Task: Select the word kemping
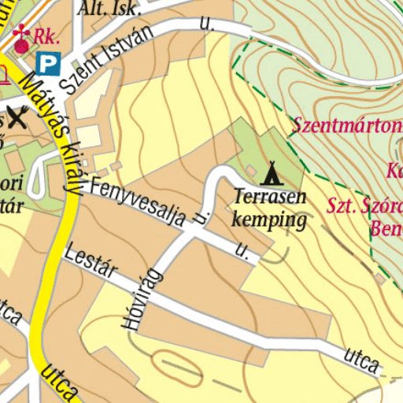click(269, 219)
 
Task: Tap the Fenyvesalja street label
click(138, 202)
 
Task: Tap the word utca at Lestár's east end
click(363, 360)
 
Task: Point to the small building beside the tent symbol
click(250, 170)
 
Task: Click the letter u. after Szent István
click(207, 24)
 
